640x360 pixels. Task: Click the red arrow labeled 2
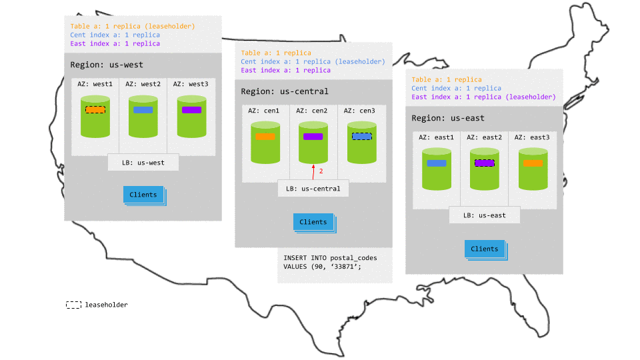[313, 172]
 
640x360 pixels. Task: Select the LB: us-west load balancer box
[143, 162]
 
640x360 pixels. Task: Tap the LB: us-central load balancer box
[313, 189]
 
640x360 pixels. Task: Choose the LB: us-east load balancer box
[484, 215]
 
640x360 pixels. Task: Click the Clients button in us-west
[143, 195]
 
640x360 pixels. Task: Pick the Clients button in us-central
[313, 222]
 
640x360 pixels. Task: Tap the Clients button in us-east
[485, 249]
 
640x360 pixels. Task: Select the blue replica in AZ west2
[143, 110]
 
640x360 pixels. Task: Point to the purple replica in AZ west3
[191, 110]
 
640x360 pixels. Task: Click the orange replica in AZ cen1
[265, 137]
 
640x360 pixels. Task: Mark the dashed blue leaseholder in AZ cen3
[361, 136]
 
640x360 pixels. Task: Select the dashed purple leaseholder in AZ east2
[484, 163]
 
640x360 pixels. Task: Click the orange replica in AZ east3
[533, 163]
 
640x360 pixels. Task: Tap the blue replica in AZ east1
[437, 163]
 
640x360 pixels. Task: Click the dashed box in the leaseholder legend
[73, 305]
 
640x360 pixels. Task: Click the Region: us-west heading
[107, 65]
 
